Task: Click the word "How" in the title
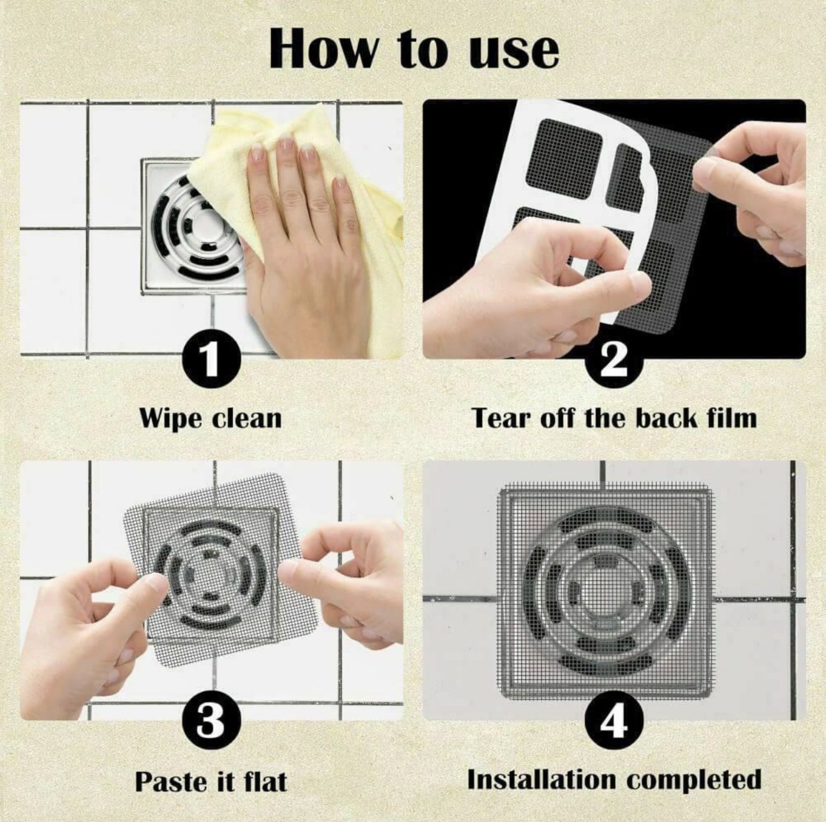(x=323, y=48)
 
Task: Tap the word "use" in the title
(x=514, y=54)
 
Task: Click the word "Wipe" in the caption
(x=173, y=419)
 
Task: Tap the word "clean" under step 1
(x=247, y=417)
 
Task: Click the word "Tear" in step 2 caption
(x=503, y=418)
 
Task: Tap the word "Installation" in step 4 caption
(x=541, y=780)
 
